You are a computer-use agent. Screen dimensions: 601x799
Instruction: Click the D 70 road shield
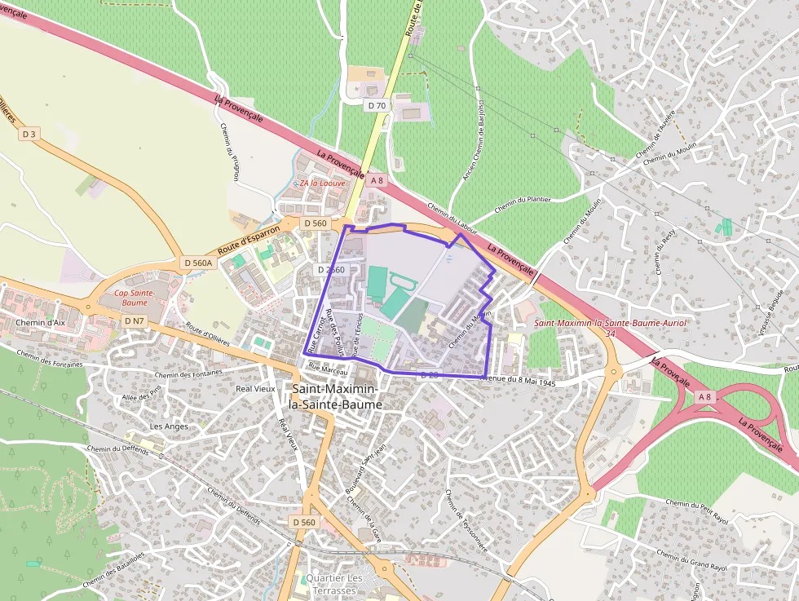coord(377,105)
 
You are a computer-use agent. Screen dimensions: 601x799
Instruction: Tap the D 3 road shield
coord(30,133)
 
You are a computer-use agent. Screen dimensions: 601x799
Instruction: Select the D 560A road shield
coord(198,263)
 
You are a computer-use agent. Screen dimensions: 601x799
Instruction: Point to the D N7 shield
coord(135,321)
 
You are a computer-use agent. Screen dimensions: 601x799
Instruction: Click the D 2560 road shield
coord(331,270)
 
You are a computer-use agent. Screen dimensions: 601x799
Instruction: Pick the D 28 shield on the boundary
coord(429,374)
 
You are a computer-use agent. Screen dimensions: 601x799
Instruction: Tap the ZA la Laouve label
coord(322,183)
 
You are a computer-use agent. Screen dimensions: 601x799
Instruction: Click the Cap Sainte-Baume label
coord(130,298)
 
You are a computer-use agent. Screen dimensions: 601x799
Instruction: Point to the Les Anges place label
coord(169,426)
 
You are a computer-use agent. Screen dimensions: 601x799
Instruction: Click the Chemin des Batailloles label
coord(113,570)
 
